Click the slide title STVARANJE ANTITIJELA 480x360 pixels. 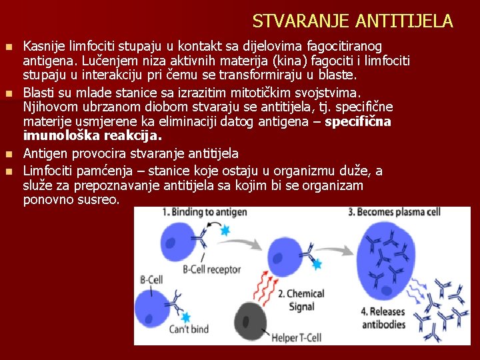pyautogui.click(x=353, y=21)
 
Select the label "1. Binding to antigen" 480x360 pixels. pyautogui.click(x=204, y=213)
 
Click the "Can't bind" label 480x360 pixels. pyautogui.click(x=189, y=329)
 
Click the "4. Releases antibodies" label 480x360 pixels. pyautogui.click(x=383, y=318)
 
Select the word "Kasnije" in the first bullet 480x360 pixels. pyautogui.click(x=44, y=46)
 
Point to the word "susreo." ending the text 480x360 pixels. pyautogui.click(x=100, y=199)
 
